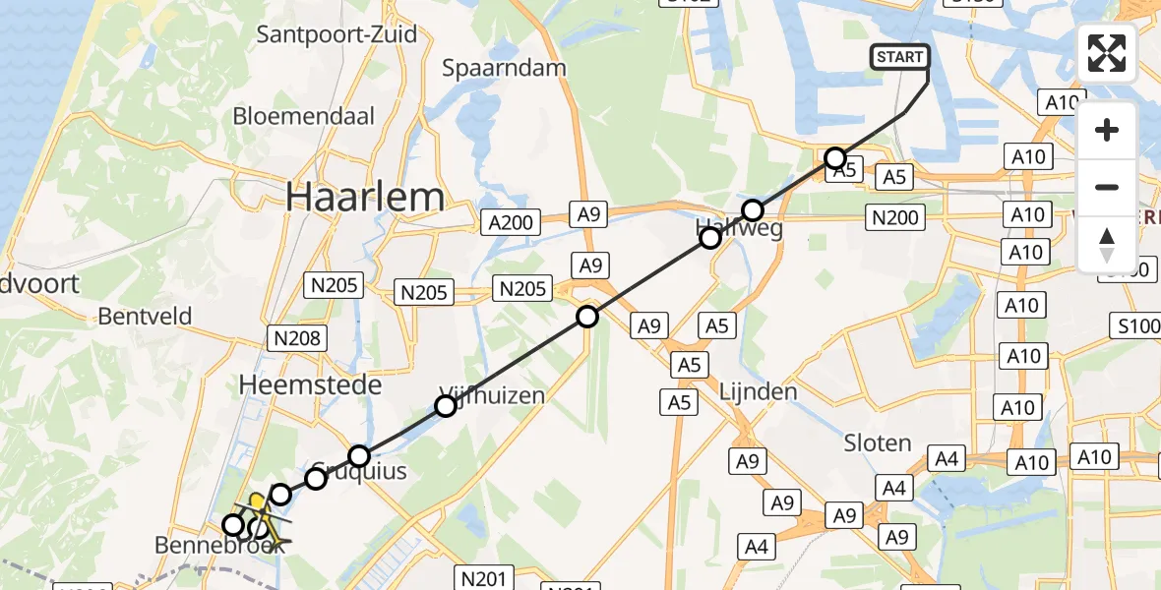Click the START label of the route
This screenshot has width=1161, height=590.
coord(898,57)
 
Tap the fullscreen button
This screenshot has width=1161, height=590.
coord(1107,53)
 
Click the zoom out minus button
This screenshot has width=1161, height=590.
coord(1107,187)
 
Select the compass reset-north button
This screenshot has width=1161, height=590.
coord(1107,244)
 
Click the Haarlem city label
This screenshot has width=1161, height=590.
coord(365,198)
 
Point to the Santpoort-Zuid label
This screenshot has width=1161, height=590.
coord(336,34)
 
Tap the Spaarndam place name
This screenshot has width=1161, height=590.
coord(505,68)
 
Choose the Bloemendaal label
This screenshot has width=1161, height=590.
coord(304,116)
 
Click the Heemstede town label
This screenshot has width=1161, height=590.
coord(310,385)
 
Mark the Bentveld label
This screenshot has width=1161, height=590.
coord(145,317)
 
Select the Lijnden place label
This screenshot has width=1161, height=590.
coord(759,391)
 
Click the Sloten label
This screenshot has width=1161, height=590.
coord(878,443)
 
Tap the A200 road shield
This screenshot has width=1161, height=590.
coord(511,222)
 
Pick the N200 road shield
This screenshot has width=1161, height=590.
coord(894,219)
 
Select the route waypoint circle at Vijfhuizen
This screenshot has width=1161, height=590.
coord(446,405)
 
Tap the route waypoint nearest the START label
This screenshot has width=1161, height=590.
coord(835,157)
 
